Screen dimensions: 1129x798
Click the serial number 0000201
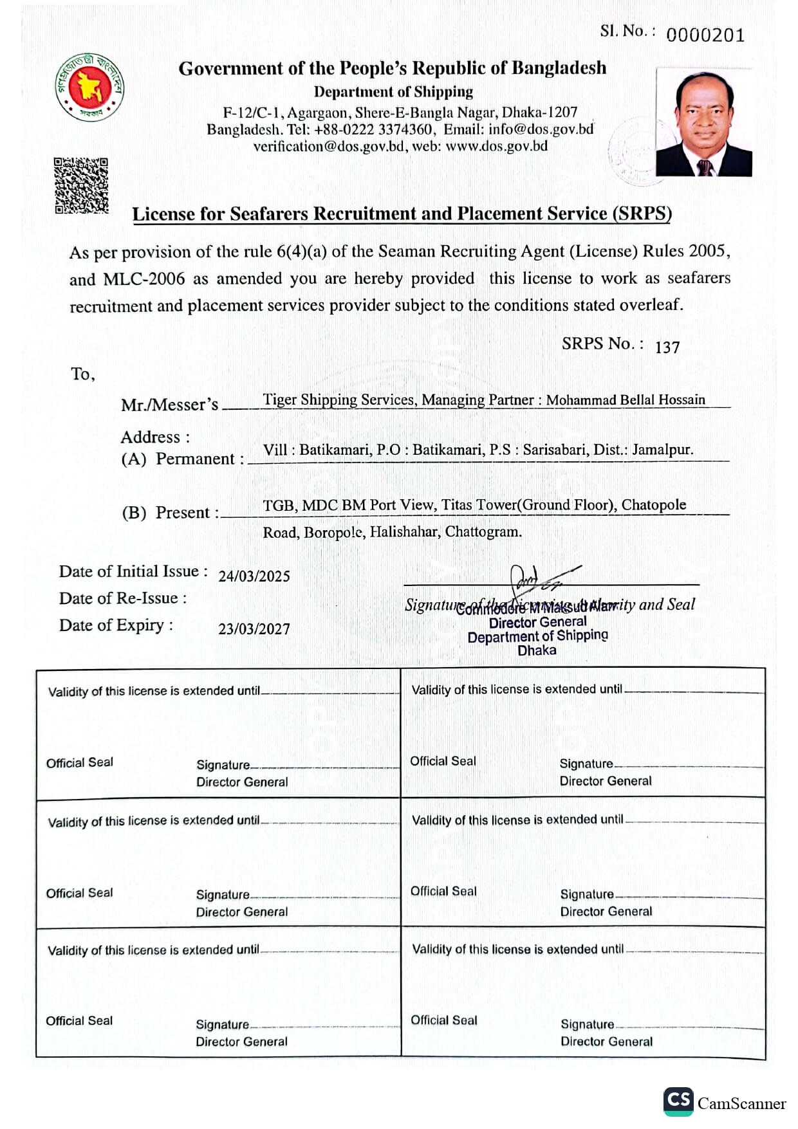point(705,35)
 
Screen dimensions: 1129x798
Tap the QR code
point(81,185)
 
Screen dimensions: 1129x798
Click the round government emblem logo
point(89,87)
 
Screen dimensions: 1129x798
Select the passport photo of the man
point(703,122)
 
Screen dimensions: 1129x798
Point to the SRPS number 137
point(667,347)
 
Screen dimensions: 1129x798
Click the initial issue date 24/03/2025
point(254,576)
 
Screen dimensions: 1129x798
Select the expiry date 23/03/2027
point(254,629)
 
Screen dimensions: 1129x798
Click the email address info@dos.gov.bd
point(541,129)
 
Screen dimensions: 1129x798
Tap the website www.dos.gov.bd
point(496,146)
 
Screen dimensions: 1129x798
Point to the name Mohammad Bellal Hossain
point(626,399)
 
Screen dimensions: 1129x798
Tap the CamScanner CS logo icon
point(678,1101)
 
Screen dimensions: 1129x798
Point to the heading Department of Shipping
point(393,91)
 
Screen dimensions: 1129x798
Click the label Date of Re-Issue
point(123,598)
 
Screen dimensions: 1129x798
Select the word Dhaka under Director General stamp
point(537,650)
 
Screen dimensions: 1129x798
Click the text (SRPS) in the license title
point(642,214)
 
